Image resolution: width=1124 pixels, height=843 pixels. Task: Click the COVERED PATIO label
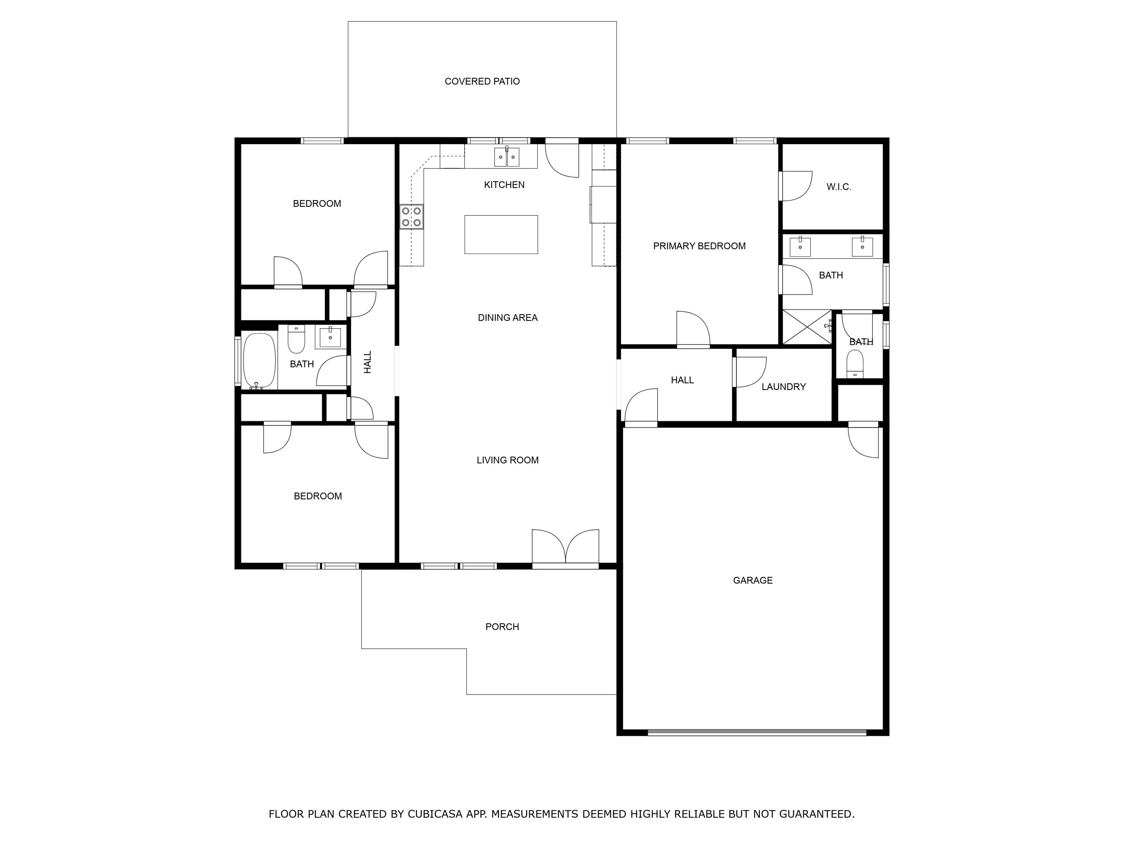(x=482, y=81)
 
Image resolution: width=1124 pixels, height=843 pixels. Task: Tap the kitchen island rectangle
(x=501, y=234)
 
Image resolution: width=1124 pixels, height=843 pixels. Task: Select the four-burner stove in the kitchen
(x=411, y=217)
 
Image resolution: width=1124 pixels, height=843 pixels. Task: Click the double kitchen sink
(x=507, y=157)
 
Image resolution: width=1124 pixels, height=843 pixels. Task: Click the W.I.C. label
(x=839, y=187)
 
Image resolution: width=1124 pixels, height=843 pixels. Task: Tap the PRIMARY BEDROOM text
(x=699, y=246)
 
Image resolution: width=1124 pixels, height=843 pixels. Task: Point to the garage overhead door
(x=756, y=732)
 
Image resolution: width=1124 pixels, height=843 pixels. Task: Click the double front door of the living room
(x=565, y=549)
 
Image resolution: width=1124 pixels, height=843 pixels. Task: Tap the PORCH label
(x=502, y=626)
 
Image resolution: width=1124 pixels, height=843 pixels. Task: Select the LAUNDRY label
(x=783, y=387)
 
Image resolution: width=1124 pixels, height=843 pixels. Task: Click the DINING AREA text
(x=507, y=318)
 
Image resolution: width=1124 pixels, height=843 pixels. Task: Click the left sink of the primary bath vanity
(x=800, y=247)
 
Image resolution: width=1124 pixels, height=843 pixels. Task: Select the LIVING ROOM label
(x=507, y=460)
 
